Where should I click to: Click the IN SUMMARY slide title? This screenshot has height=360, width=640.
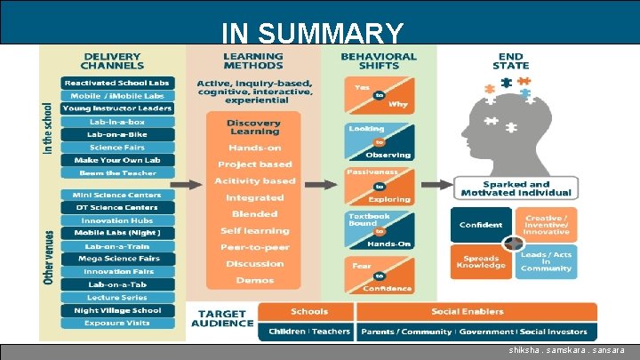click(312, 34)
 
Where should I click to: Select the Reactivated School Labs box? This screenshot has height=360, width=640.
click(116, 83)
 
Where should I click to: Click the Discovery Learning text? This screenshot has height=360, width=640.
click(253, 127)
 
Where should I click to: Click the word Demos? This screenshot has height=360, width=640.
click(254, 280)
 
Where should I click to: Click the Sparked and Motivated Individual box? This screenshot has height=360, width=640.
click(516, 188)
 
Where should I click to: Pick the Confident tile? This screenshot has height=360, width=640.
click(481, 225)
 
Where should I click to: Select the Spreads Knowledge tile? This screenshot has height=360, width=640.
click(481, 260)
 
